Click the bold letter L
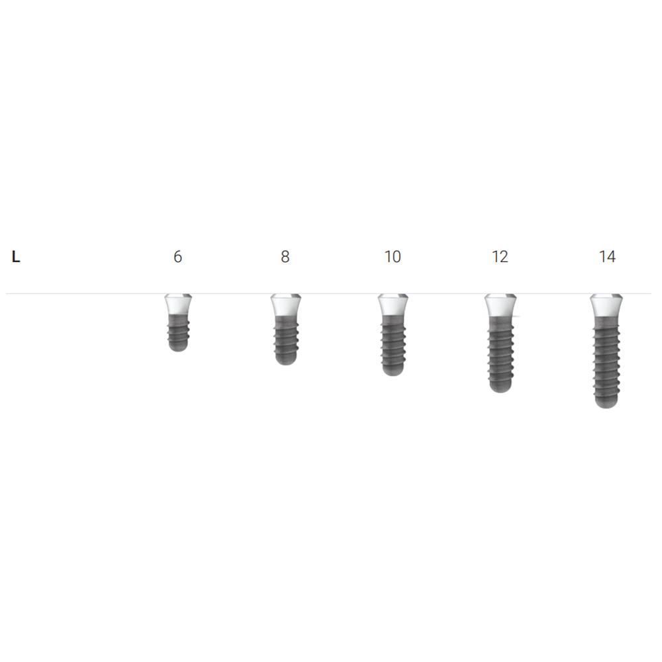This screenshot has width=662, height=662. point(16,256)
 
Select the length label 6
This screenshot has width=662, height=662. point(177,256)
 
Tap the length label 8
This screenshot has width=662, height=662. point(285,256)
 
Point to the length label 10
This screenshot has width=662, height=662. point(393,256)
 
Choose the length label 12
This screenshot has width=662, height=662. point(500,256)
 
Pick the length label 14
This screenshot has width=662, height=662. point(608,256)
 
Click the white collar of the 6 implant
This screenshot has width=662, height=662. point(178,304)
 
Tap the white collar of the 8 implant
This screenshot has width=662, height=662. point(286,305)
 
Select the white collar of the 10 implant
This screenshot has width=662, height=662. point(393,305)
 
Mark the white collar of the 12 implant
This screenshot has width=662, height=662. point(500,305)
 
